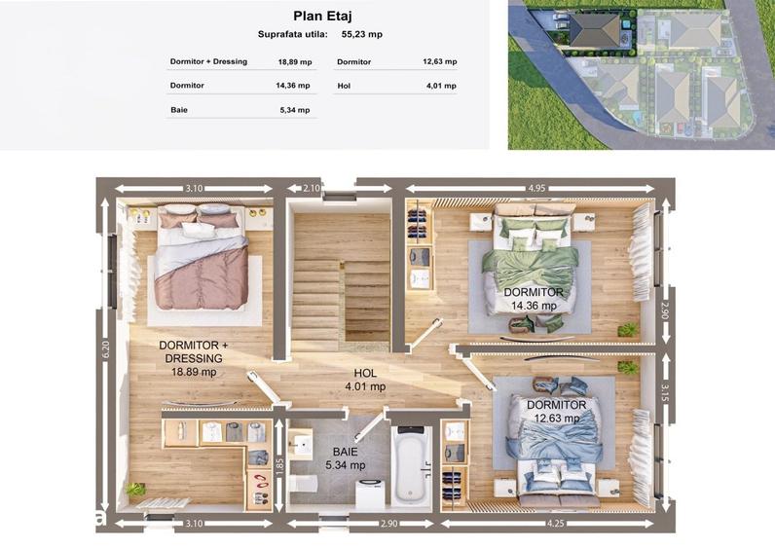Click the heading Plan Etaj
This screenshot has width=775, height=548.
tap(322, 16)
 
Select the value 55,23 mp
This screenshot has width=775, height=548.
tap(362, 35)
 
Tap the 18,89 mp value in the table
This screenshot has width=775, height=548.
tap(295, 62)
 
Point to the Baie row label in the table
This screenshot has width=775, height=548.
tap(179, 110)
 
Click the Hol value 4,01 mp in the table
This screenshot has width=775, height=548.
tap(441, 86)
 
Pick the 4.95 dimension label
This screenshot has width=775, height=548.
tap(536, 188)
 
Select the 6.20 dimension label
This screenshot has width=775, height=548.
tap(105, 349)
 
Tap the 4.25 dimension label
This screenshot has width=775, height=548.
tap(556, 524)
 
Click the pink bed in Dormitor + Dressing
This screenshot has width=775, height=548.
tap(202, 257)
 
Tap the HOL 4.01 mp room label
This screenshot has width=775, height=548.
tap(365, 380)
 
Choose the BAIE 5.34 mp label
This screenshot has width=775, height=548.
tap(345, 458)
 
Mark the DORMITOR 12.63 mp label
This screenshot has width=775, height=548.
tap(557, 412)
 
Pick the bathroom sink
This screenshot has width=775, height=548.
tap(301, 444)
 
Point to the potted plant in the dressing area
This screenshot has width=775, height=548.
tap(135, 490)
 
